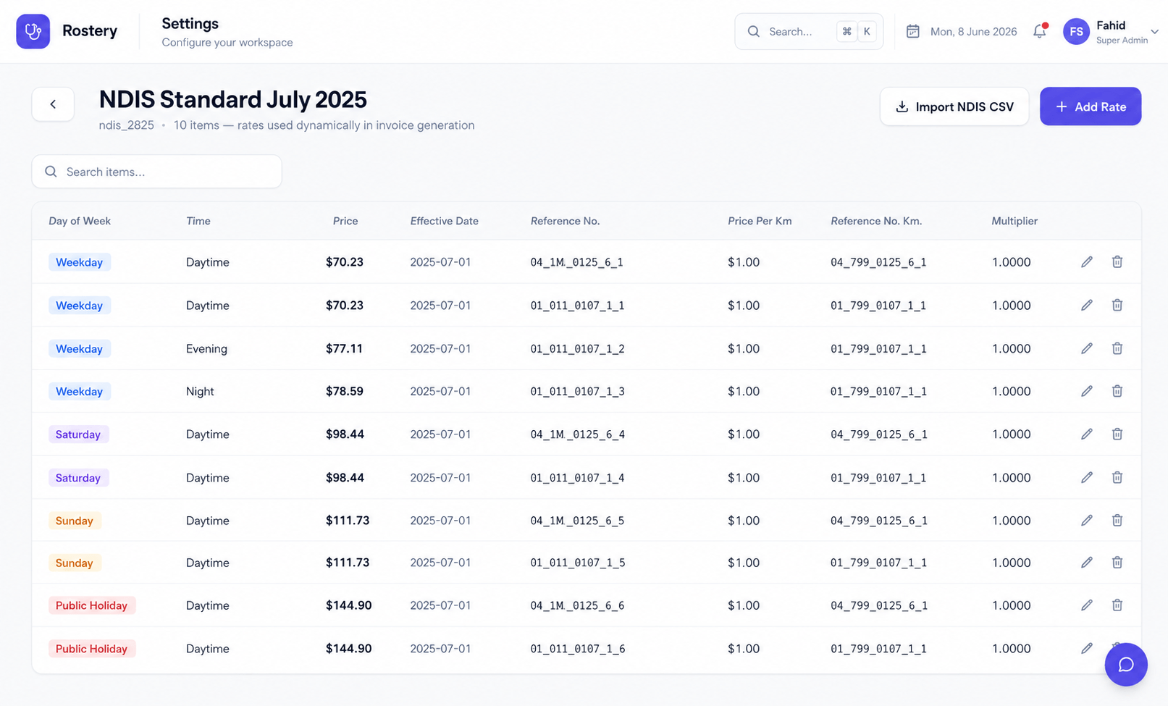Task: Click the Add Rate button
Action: (1091, 106)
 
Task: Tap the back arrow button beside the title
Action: (53, 104)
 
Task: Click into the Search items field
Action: (157, 172)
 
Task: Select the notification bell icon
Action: (1040, 30)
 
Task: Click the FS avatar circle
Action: (1076, 31)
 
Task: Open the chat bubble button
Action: (1126, 664)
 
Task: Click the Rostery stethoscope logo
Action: (33, 31)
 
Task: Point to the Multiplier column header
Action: (1014, 221)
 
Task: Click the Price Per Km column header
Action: (760, 221)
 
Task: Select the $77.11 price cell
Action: (344, 348)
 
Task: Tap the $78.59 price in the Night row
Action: (344, 391)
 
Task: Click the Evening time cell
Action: (206, 348)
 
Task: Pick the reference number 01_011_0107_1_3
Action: (577, 391)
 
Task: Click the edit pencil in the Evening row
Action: (1087, 348)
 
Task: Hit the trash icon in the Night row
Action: (1117, 391)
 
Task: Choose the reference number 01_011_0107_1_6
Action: (578, 649)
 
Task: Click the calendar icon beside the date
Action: (912, 31)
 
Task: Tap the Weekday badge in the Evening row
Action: (79, 348)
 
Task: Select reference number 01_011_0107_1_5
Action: (578, 563)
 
